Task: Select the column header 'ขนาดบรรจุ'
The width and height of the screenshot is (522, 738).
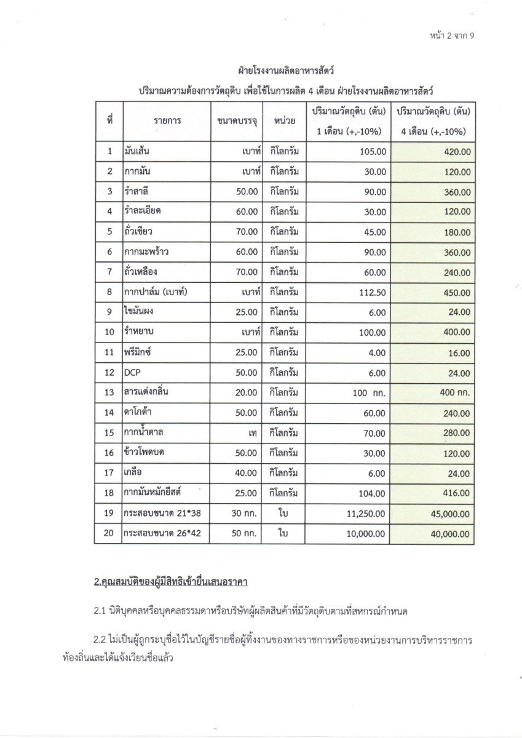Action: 237,121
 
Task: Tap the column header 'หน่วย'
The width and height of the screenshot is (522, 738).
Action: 283,121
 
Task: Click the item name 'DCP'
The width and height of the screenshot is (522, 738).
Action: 133,373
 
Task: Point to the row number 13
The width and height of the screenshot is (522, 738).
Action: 109,393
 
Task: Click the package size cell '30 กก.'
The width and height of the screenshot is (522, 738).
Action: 243,514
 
